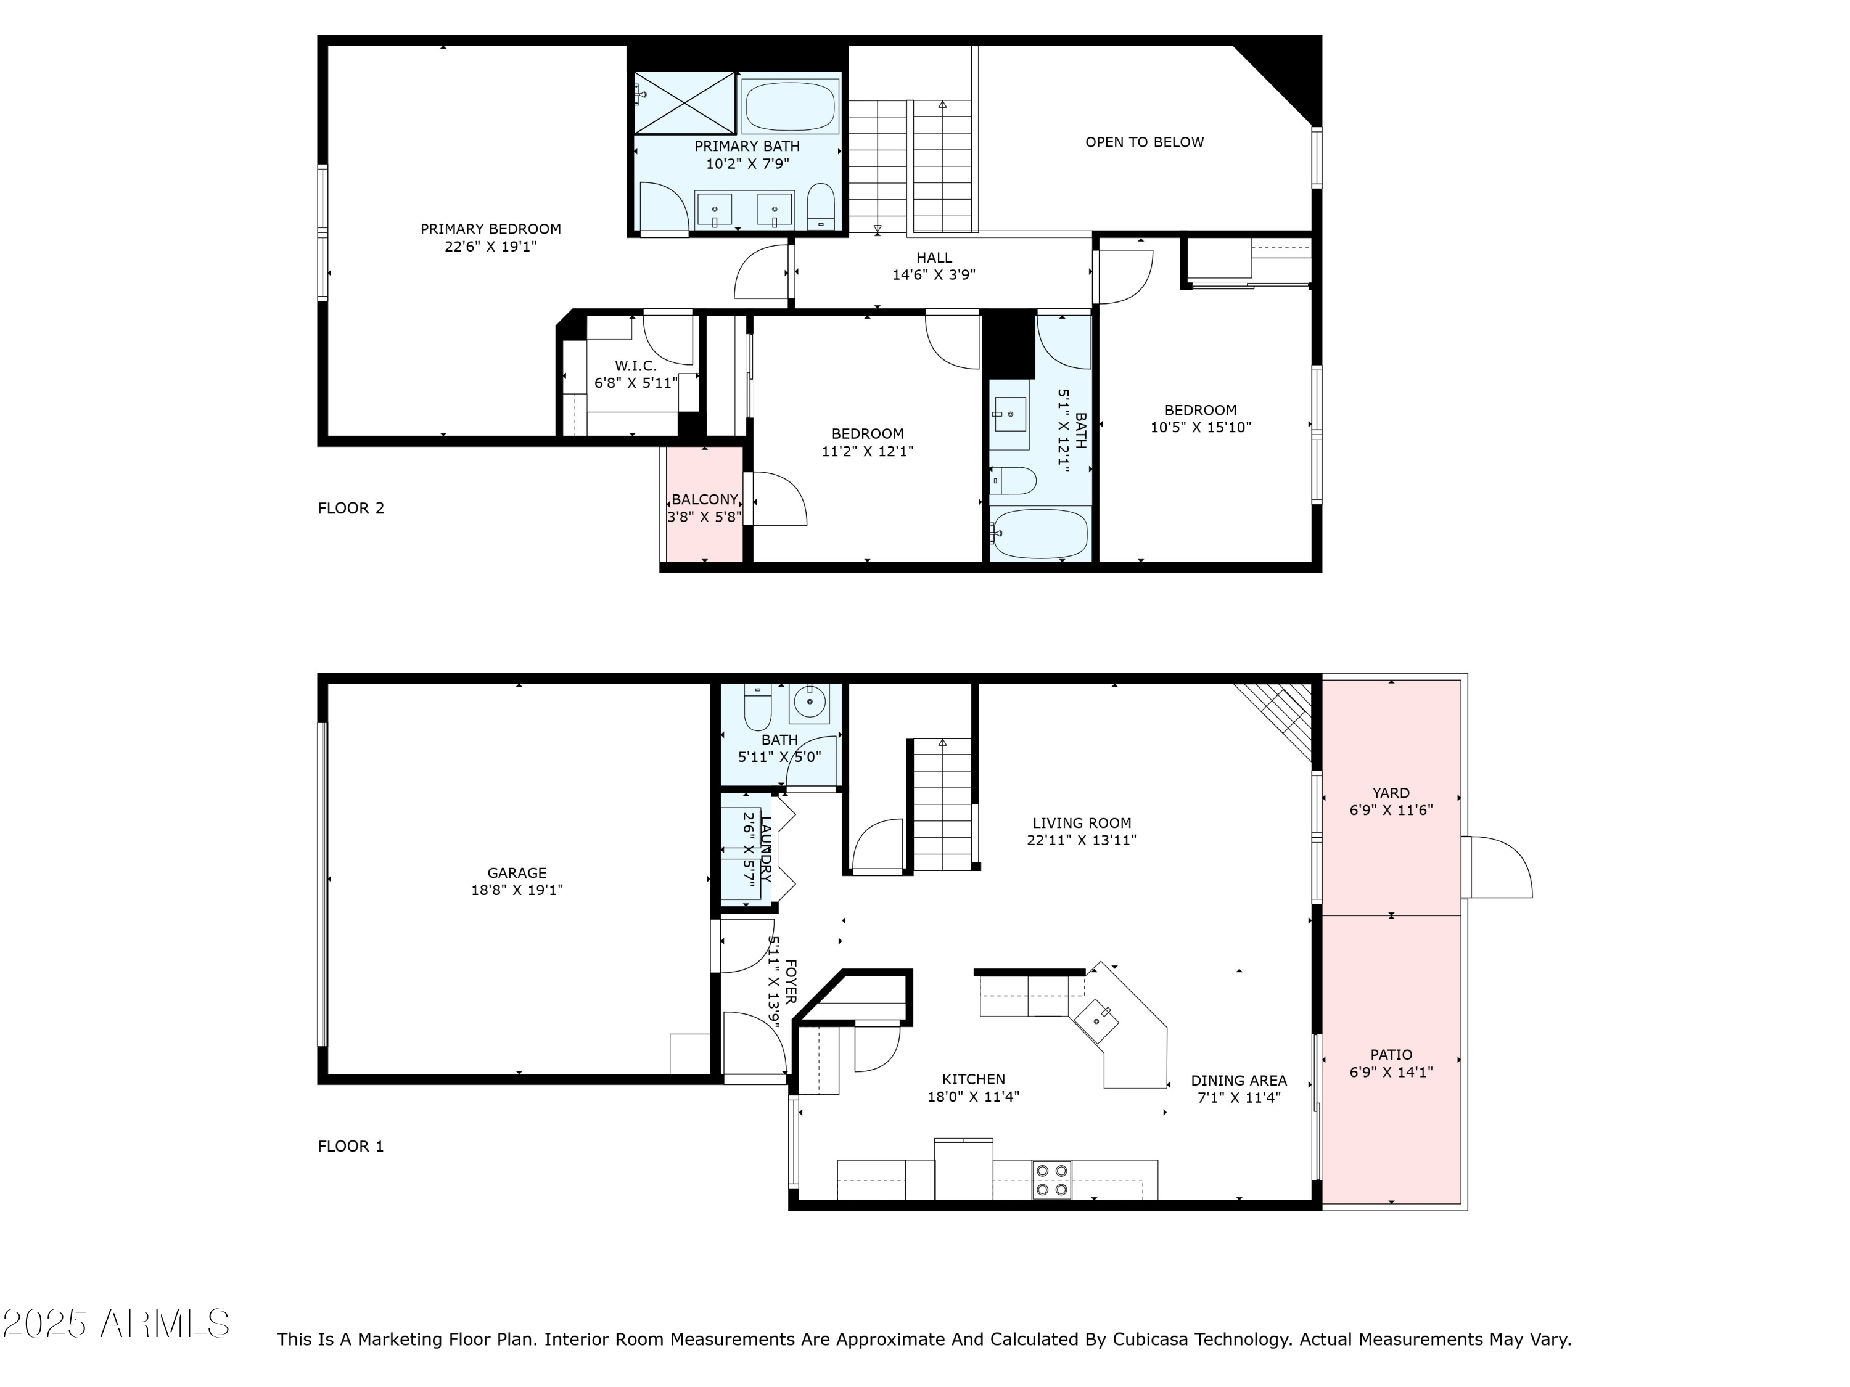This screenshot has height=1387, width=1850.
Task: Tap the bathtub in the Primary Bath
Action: (x=789, y=106)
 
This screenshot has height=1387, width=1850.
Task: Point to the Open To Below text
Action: (x=1144, y=142)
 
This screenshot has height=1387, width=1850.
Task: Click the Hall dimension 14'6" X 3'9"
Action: (x=934, y=275)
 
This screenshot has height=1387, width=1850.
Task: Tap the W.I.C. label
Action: (x=636, y=366)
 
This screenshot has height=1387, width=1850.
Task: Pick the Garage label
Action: (x=517, y=873)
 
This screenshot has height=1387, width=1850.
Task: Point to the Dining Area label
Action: (x=1239, y=1080)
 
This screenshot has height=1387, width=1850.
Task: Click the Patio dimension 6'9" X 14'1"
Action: (x=1391, y=1073)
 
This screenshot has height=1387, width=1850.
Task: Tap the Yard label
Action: (x=1391, y=793)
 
